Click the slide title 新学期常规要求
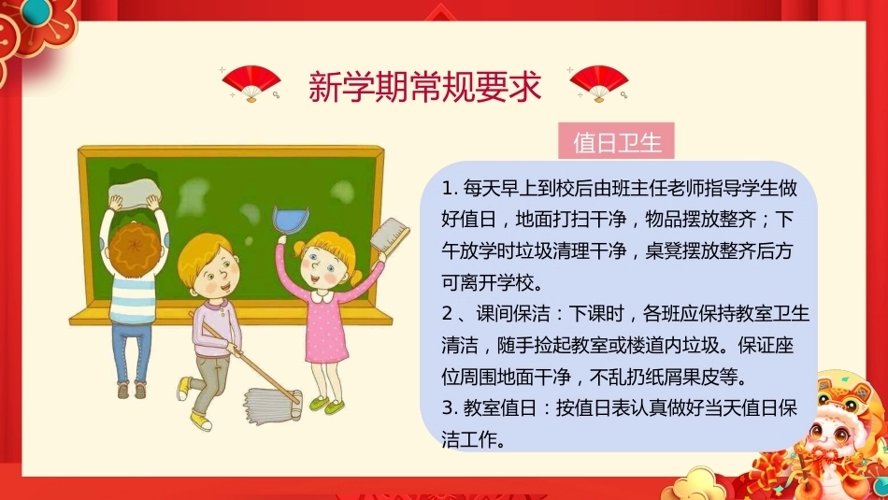click(x=424, y=86)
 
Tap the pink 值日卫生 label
click(x=616, y=141)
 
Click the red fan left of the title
click(x=251, y=83)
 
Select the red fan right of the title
click(x=598, y=83)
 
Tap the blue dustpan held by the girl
click(x=291, y=221)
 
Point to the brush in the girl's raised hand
click(x=389, y=234)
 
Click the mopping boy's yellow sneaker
click(x=200, y=421)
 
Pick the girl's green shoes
click(x=327, y=405)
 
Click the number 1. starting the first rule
click(x=450, y=189)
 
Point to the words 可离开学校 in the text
click(x=487, y=281)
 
